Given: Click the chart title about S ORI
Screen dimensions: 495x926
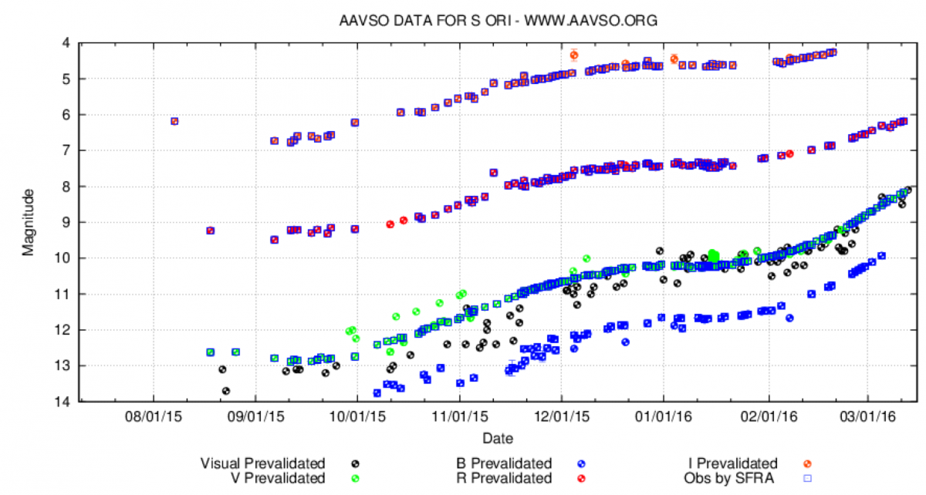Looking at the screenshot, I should [498, 21].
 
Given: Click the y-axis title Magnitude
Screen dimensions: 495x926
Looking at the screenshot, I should [28, 222].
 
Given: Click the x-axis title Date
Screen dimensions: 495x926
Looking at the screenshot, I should [498, 438].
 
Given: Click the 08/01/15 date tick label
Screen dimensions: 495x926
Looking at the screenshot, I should [154, 416].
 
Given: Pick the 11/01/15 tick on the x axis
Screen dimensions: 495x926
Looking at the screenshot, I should [460, 416].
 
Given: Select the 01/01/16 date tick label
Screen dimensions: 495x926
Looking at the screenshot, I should [663, 416].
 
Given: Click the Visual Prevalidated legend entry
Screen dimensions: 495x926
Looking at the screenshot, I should [262, 463].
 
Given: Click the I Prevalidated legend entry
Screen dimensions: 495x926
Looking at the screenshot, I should [732, 463].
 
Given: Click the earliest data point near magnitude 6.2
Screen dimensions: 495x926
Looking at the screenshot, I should [174, 121].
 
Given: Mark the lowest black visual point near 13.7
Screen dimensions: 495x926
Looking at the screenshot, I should [226, 391].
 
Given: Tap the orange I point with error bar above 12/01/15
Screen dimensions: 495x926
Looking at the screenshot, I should [573, 55].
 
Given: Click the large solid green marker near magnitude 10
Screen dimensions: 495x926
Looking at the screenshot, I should [714, 255].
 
